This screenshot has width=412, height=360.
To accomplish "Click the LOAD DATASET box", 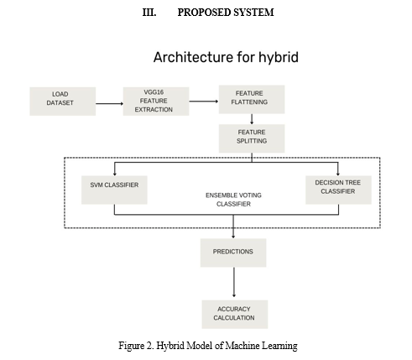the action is [x=63, y=102].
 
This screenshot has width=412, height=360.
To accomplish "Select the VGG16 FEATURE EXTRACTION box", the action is [x=156, y=102].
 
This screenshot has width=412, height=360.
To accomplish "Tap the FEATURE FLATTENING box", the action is [x=252, y=99].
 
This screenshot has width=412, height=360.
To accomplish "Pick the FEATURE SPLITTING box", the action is [x=252, y=138].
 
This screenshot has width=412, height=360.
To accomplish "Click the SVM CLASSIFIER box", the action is [x=114, y=190].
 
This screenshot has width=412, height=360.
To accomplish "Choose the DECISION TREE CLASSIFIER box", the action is [x=338, y=190].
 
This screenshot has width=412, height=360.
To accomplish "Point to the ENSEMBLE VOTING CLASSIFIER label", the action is [x=233, y=200].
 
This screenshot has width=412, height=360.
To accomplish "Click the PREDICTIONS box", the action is [x=233, y=253].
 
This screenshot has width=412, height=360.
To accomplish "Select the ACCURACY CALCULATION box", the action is [x=235, y=315].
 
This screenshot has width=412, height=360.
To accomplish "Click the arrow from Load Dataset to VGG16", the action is [x=109, y=103].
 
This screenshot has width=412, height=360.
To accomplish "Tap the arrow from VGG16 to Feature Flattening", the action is [x=204, y=102].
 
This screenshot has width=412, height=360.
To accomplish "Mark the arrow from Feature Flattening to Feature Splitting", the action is [x=252, y=119].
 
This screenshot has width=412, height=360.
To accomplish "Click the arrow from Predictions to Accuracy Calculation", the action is [x=234, y=282].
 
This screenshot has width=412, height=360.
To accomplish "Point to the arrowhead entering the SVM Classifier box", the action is [x=114, y=174].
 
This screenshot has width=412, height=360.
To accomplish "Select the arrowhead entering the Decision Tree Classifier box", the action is [x=338, y=174].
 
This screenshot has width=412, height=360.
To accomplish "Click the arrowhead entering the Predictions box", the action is [x=233, y=237].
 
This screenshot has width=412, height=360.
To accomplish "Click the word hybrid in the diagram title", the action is [x=279, y=58].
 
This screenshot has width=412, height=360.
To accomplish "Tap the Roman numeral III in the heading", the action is [x=149, y=13].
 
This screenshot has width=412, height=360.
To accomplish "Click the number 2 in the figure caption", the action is [x=149, y=346].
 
